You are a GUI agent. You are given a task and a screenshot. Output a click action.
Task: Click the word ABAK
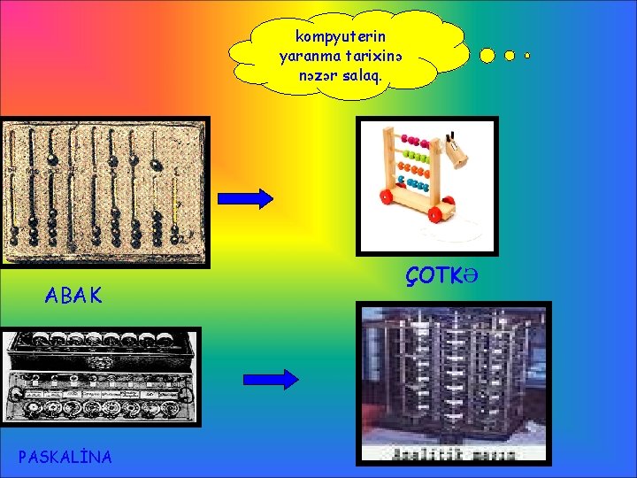point(73,296)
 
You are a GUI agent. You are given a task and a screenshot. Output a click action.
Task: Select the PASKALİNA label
point(65,457)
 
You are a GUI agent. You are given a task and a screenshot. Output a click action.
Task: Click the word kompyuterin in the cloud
point(340,38)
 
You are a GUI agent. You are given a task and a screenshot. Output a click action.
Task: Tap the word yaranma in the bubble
point(307,57)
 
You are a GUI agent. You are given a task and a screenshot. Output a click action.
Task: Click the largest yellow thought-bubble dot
point(487,55)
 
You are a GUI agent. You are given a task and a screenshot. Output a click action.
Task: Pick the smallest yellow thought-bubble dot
point(527,56)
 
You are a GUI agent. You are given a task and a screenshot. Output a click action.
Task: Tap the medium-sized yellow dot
point(510,55)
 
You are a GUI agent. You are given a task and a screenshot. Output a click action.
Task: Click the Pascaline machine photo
point(100,376)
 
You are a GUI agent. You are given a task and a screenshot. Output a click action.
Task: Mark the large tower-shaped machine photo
point(452,382)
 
